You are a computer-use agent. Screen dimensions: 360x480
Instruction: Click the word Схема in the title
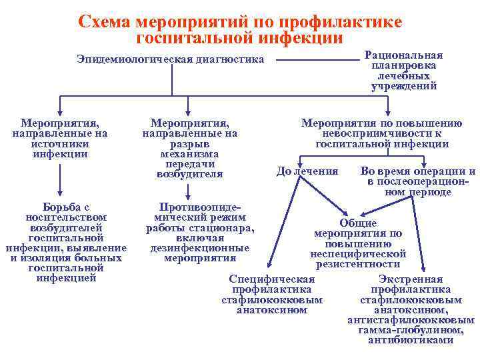point(105,21)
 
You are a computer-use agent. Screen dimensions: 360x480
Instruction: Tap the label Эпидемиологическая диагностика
point(171,60)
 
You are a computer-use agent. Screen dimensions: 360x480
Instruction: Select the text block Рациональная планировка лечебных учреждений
point(404,71)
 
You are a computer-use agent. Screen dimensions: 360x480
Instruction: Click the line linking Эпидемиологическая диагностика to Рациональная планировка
point(317,60)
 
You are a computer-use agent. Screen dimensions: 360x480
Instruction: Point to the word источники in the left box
point(60,144)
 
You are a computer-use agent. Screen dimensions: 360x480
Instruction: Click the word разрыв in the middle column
point(190,144)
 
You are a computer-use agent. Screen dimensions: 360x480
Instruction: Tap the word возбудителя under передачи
point(190,174)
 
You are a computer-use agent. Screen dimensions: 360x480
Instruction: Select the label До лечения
point(307,171)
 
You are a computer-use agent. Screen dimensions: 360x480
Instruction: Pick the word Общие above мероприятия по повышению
point(358,223)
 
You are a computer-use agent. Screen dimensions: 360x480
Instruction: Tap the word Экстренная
point(411,279)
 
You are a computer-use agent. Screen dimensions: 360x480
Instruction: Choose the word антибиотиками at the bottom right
point(411,340)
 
